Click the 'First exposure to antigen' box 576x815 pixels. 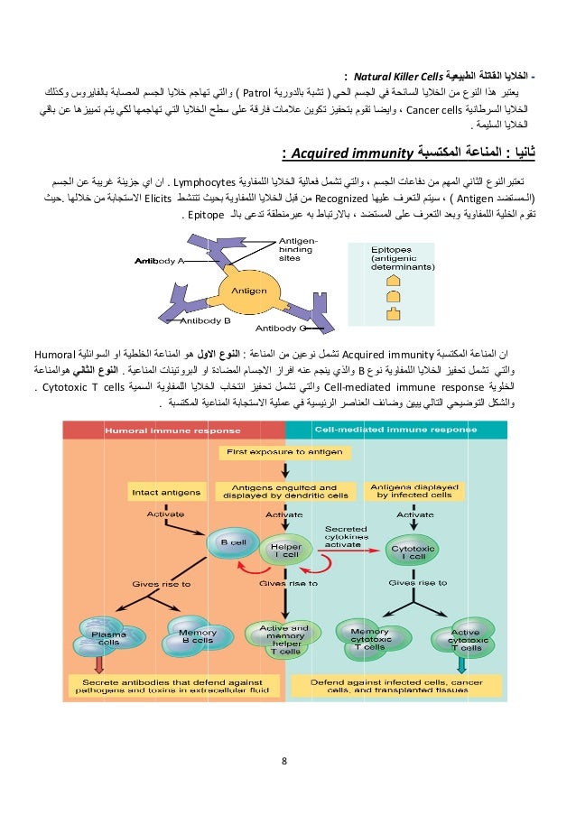coord(285,449)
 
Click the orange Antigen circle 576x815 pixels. coord(247,291)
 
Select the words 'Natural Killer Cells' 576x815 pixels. coord(390,76)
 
